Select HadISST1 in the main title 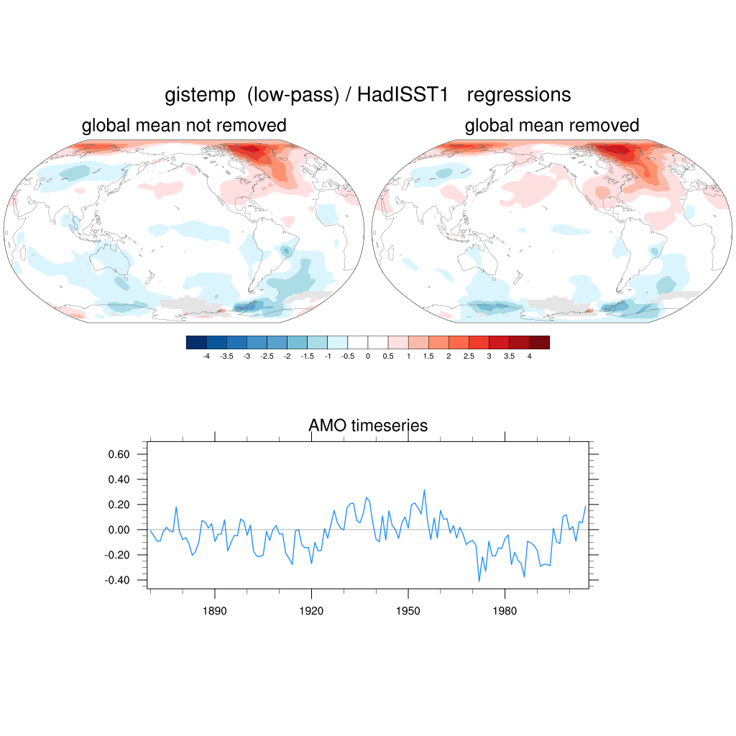click(408, 95)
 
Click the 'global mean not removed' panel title click(184, 126)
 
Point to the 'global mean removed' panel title click(552, 126)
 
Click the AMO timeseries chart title click(368, 425)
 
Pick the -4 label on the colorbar click(206, 356)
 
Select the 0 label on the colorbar click(368, 356)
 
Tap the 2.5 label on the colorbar click(469, 356)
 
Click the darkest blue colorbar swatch click(196, 343)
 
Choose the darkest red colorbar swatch click(539, 343)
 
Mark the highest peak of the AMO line click(425, 490)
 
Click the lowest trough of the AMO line click(479, 581)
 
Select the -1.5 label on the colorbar click(307, 356)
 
